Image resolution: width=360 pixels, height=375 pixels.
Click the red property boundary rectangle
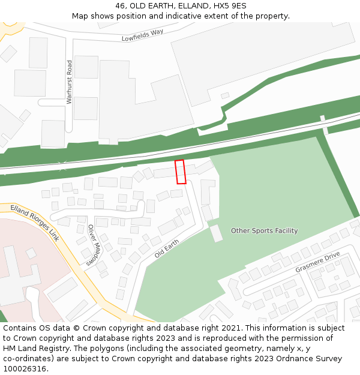point(180,172)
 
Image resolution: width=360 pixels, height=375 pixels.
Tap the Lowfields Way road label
point(143,35)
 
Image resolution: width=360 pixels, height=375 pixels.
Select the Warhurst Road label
point(70,82)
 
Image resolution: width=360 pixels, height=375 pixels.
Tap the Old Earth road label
point(167,247)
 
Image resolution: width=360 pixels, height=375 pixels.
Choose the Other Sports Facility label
point(264,230)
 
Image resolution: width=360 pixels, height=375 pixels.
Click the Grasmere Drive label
point(317,262)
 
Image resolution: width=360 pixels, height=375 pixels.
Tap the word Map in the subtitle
point(81,16)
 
